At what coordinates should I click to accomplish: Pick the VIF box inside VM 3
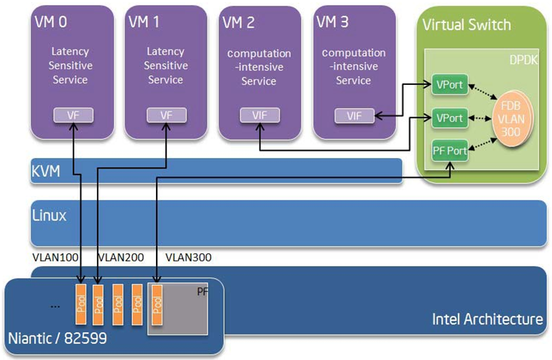354,116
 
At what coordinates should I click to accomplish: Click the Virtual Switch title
466,25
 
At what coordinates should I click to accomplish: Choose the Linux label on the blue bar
49,215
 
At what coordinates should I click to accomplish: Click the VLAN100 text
54,257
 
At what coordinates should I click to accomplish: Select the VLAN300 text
188,257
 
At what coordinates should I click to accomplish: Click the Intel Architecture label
487,320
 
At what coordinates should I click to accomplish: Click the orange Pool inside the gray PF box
157,305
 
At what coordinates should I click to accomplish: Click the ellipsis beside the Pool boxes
55,306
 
